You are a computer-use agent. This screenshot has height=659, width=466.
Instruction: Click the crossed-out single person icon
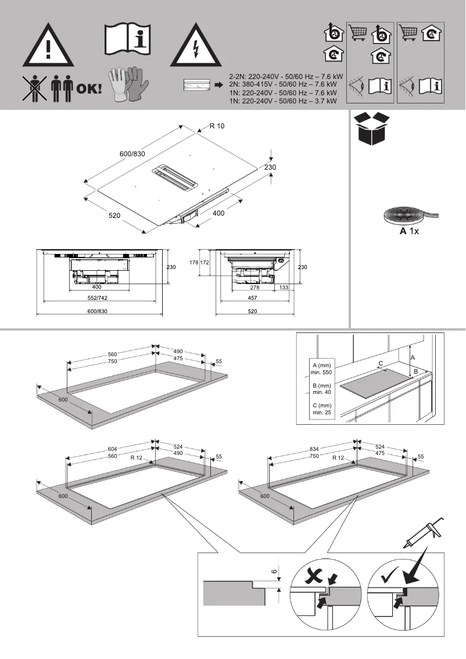(x=34, y=89)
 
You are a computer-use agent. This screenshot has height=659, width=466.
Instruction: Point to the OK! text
(x=89, y=89)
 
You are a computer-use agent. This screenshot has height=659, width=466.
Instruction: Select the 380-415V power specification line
(x=283, y=84)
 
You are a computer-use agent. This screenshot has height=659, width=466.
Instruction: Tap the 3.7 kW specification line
(x=283, y=101)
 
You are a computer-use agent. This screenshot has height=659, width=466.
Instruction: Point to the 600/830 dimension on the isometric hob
(x=132, y=153)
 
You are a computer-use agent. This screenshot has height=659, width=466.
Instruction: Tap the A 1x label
(x=409, y=231)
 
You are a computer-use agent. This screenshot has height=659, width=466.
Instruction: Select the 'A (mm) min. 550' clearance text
(x=321, y=368)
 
